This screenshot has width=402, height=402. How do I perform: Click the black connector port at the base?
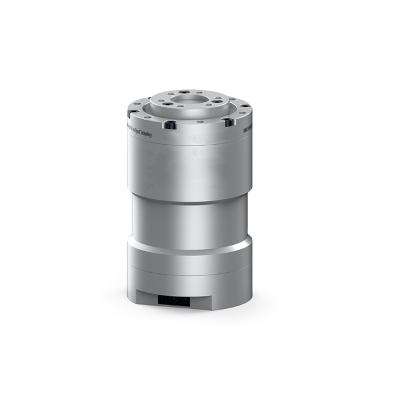(x=173, y=300)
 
